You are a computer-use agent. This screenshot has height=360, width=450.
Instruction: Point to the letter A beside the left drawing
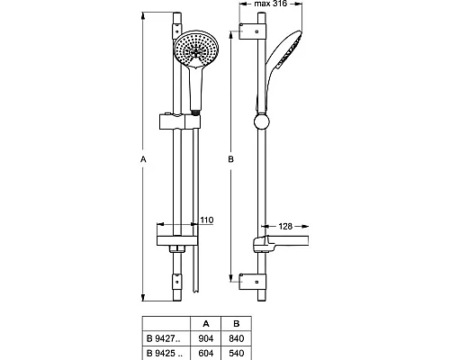pyautogui.click(x=142, y=160)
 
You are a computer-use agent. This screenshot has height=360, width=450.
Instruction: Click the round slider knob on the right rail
pyautogui.click(x=262, y=123)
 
